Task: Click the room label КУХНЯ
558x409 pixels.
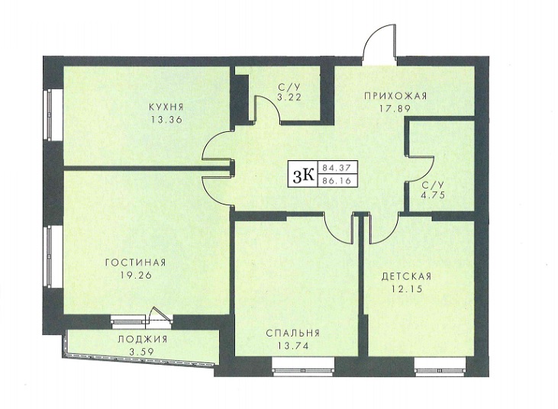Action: [166, 107]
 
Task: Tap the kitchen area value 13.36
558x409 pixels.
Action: [166, 120]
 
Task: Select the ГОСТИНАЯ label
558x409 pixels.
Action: [136, 262]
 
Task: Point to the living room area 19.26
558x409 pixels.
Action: [137, 275]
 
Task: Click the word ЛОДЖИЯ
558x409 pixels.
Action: [142, 339]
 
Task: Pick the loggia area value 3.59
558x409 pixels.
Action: [141, 352]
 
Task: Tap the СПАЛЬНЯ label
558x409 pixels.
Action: [293, 333]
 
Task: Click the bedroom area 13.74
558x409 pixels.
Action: [293, 346]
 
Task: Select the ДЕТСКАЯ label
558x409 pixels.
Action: [406, 276]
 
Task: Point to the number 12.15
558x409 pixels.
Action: [407, 288]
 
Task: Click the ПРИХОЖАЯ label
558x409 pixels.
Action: [395, 95]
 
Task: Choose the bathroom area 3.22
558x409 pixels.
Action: [289, 97]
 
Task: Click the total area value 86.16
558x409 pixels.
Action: [337, 181]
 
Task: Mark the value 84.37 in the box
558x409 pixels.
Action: [337, 167]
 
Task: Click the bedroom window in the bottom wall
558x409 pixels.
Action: [304, 368]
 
